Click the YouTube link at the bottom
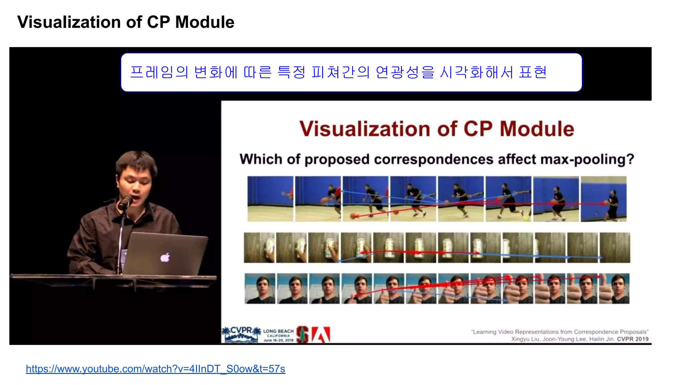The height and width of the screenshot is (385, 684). point(155,369)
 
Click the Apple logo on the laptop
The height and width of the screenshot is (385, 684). point(165,257)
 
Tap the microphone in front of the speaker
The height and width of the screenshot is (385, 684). point(125,203)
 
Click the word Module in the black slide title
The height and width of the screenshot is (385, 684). point(204,22)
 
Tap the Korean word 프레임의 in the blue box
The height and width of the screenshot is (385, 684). point(159,72)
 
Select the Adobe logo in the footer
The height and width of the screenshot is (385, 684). point(321,335)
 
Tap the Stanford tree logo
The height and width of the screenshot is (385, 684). point(303,335)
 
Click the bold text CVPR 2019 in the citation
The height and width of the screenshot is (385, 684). point(632,339)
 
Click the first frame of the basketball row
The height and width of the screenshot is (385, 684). point(270,199)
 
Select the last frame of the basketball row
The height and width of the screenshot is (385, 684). point(603,199)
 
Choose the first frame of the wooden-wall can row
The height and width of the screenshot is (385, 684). point(259,248)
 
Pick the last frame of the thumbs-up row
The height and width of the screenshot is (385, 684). point(614,288)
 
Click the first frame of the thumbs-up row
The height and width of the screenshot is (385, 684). point(260,288)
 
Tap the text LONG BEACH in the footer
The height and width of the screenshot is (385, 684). point(278,331)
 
